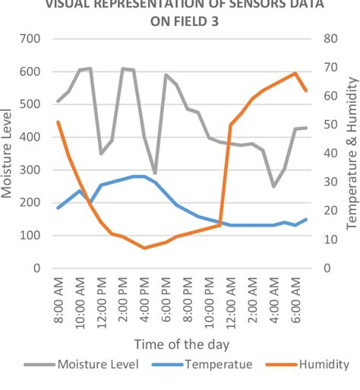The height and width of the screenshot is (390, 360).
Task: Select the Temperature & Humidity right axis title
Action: point(351,153)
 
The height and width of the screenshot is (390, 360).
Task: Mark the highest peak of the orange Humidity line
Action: point(295,73)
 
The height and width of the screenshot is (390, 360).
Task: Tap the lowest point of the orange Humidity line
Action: point(144,248)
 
